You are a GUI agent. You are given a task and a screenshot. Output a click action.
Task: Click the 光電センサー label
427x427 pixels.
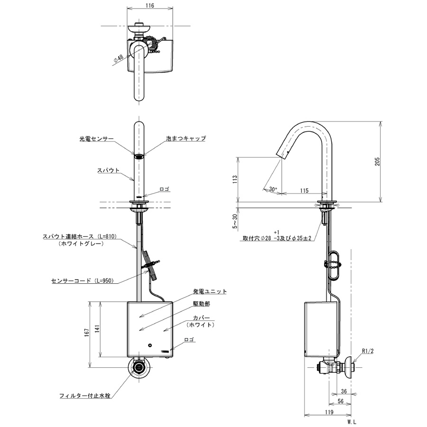coord(97,139)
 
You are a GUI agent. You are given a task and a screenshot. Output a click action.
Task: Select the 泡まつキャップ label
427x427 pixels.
coord(186,139)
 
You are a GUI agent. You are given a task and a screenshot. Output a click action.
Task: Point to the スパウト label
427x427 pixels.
coord(108,169)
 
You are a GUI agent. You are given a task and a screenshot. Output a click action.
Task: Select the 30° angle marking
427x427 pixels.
coord(272,189)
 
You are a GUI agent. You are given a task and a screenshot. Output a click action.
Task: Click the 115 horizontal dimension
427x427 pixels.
coord(304,190)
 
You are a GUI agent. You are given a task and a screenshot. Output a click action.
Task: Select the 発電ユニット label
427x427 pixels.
coord(210,292)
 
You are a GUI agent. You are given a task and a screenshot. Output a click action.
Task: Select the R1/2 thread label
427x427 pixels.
coord(368,352)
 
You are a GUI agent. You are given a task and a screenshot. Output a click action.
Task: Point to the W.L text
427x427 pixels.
coord(351,421)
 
